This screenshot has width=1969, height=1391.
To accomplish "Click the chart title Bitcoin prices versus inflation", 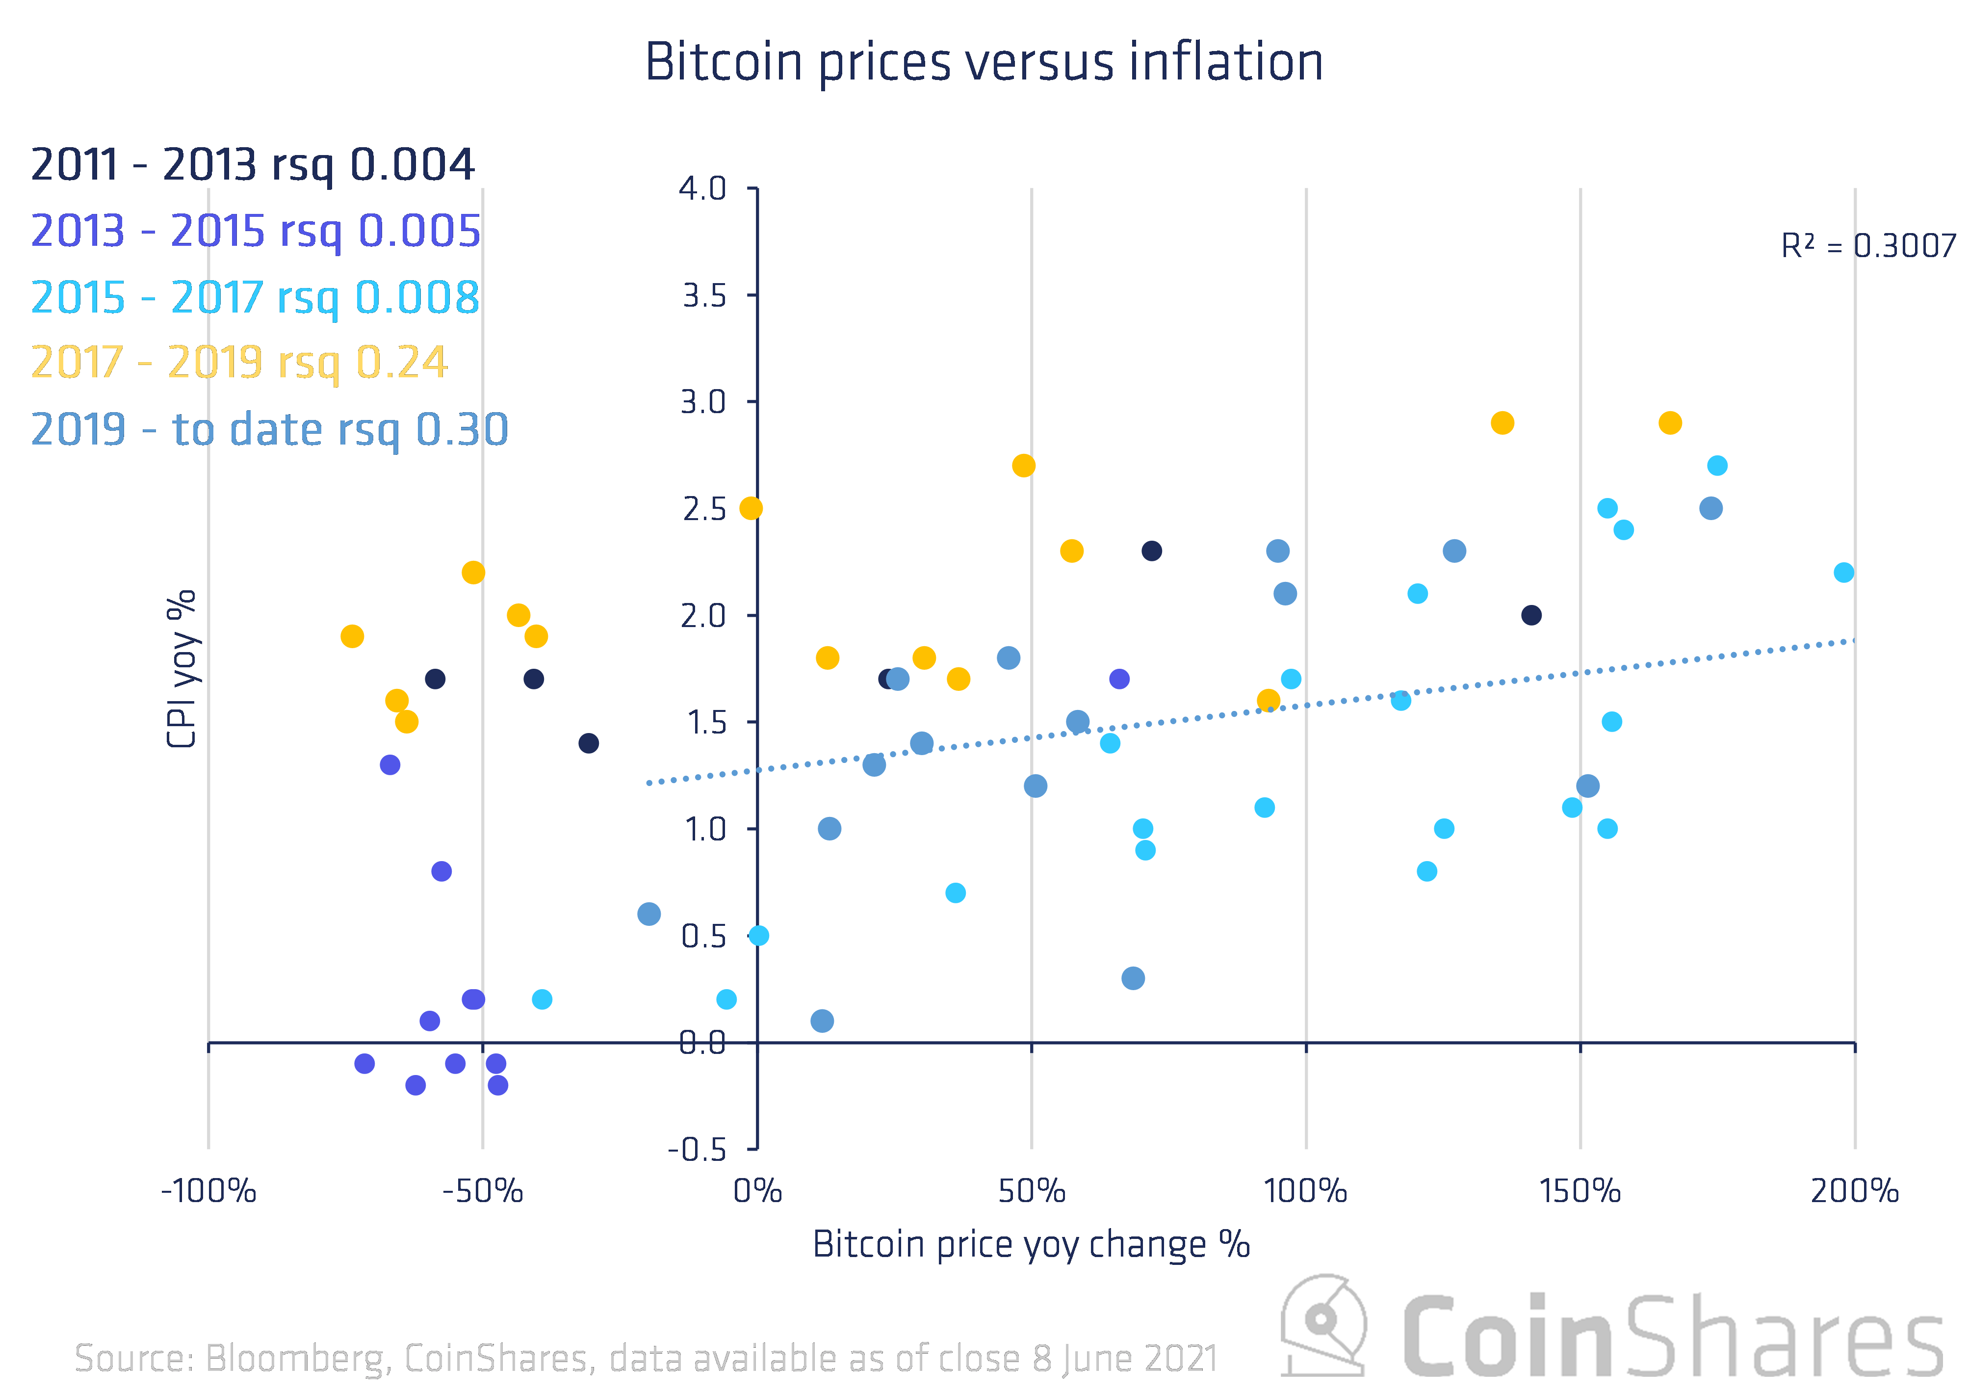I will (x=984, y=63).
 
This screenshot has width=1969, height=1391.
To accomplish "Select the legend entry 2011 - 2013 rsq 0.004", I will (x=253, y=165).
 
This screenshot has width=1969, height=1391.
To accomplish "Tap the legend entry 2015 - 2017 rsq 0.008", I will (x=255, y=298).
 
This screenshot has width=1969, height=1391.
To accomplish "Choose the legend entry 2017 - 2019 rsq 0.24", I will (x=239, y=362).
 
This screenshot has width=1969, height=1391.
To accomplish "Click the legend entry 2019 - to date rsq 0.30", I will (x=269, y=430).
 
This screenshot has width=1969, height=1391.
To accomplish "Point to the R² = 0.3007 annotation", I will (x=1868, y=246).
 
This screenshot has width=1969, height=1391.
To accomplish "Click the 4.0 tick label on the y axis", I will (x=702, y=189).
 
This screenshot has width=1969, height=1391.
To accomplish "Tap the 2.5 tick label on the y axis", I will (x=704, y=509).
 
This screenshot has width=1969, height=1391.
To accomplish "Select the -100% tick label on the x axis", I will (x=208, y=1191).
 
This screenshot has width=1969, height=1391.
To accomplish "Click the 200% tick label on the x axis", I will (x=1854, y=1191).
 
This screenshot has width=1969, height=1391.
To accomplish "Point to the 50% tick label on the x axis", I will (x=1032, y=1191).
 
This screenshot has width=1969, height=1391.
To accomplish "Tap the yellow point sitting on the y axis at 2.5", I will (x=751, y=508).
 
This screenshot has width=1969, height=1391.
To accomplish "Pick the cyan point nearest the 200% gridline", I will (x=1844, y=572).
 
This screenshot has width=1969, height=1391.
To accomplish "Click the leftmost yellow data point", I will (x=352, y=636).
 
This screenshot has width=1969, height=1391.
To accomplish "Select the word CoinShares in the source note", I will (x=495, y=1359).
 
